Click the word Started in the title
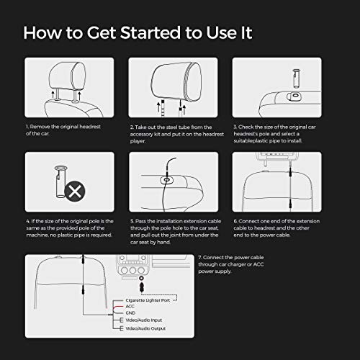click(150, 32)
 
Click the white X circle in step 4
click(75, 192)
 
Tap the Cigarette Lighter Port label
click(148, 300)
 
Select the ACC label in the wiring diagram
click(130, 307)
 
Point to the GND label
click(130, 313)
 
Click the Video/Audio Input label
click(144, 320)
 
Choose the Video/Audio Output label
click(145, 328)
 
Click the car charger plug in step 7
click(142, 287)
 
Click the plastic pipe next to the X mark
click(60, 181)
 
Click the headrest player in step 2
click(176, 81)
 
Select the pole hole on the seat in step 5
click(166, 180)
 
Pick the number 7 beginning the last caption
click(200, 257)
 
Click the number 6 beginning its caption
click(235, 221)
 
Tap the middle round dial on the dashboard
click(132, 270)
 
